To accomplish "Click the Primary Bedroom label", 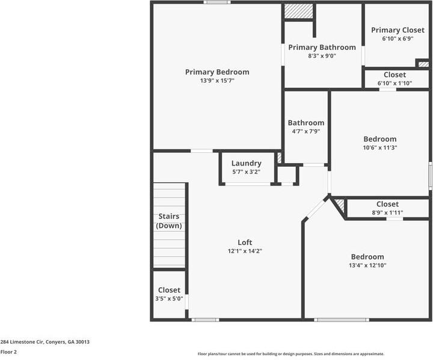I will (216, 72).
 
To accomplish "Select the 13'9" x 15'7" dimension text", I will (216, 81).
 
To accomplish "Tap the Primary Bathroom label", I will (322, 47).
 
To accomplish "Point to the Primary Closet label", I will (397, 30).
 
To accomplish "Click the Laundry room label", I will (246, 163).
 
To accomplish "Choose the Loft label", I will (245, 243).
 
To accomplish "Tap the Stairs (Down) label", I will (169, 221).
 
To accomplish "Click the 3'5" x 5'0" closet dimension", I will (169, 299).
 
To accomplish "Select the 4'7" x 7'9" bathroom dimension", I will (306, 131).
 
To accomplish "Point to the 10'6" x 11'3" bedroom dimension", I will (379, 147).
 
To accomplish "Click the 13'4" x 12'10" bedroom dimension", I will (367, 265).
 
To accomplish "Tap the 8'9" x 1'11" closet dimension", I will (387, 213).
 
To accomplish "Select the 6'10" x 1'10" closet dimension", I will (395, 84).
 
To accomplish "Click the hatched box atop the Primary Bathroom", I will (298, 11).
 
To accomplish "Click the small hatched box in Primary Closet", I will (423, 63).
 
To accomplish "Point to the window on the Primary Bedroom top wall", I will (216, 2).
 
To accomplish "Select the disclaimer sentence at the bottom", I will (291, 354).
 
